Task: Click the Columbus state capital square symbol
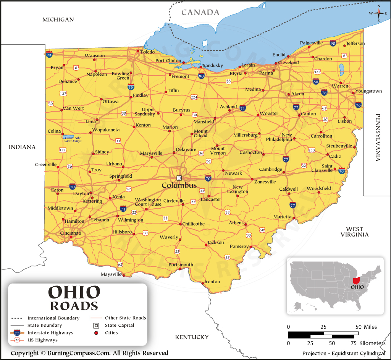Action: (x=179, y=178)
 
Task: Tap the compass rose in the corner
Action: (x=378, y=13)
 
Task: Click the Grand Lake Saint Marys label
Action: (x=73, y=139)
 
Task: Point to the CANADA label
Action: (x=200, y=13)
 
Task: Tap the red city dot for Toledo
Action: (x=139, y=51)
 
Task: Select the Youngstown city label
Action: (x=368, y=91)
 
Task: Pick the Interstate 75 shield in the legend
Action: (x=17, y=332)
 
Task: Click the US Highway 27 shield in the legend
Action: (x=17, y=340)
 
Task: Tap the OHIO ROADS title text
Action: (x=74, y=298)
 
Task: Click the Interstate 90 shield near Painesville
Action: (x=333, y=44)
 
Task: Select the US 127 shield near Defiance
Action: (x=63, y=94)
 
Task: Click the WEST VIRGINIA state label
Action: (x=355, y=232)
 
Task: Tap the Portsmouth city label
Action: (x=181, y=264)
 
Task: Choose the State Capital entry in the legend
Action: (x=120, y=325)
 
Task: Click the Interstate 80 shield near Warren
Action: (x=315, y=81)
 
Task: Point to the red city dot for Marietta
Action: (x=294, y=218)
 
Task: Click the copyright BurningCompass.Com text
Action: (x=89, y=353)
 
